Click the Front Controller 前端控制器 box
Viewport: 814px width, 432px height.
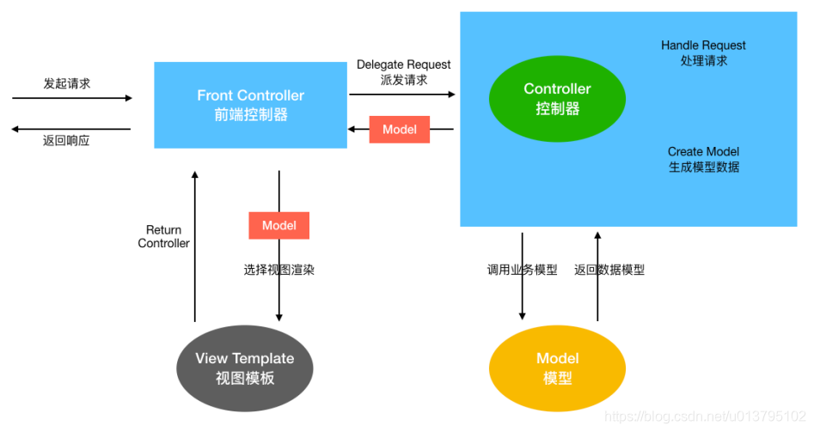click(x=250, y=105)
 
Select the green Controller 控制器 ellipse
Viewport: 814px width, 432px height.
click(x=557, y=99)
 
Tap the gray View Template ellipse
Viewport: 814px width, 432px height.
click(x=244, y=367)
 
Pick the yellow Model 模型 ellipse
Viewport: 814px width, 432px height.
click(x=557, y=368)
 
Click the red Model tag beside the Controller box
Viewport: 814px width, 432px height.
click(x=400, y=130)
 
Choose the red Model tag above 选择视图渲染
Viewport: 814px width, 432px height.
click(x=278, y=225)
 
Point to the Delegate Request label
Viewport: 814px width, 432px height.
click(x=403, y=65)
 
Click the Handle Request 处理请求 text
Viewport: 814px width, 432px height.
click(x=703, y=52)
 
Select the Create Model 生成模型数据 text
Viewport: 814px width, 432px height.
click(x=703, y=159)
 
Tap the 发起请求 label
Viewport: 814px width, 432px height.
click(x=67, y=83)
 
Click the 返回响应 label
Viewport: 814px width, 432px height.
click(x=66, y=141)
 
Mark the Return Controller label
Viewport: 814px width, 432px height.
click(x=163, y=236)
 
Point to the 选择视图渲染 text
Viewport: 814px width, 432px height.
click(x=278, y=270)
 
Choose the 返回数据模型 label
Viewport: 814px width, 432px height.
click(x=609, y=270)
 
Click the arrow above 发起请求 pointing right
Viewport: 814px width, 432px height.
click(x=72, y=98)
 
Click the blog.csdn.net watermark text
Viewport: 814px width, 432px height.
click(x=705, y=416)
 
